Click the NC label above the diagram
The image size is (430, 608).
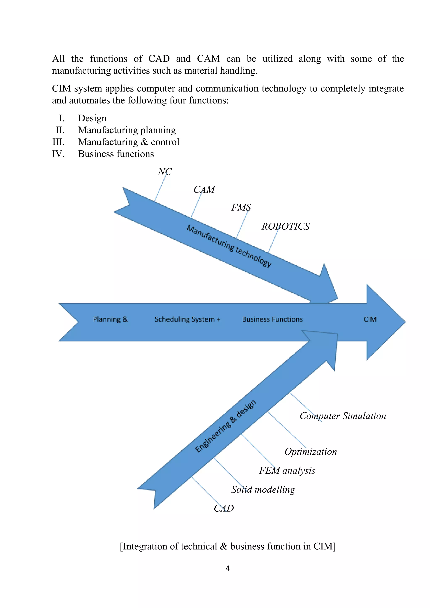165,172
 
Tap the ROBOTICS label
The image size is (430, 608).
285,226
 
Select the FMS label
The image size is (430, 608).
241,207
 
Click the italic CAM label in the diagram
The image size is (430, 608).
204,190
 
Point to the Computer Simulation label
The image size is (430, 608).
343,416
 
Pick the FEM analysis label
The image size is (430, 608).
287,471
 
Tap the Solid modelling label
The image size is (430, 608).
263,489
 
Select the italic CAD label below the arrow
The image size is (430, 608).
224,509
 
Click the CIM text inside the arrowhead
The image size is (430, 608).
370,319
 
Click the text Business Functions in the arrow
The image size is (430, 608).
272,319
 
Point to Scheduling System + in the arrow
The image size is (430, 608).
187,319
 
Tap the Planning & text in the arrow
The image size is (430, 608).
110,319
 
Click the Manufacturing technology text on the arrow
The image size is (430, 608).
229,246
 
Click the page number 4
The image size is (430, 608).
228,568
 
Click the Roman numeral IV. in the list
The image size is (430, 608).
58,154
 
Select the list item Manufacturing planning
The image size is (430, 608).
127,130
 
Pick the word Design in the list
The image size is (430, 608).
92,118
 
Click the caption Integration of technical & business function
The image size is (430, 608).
228,546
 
